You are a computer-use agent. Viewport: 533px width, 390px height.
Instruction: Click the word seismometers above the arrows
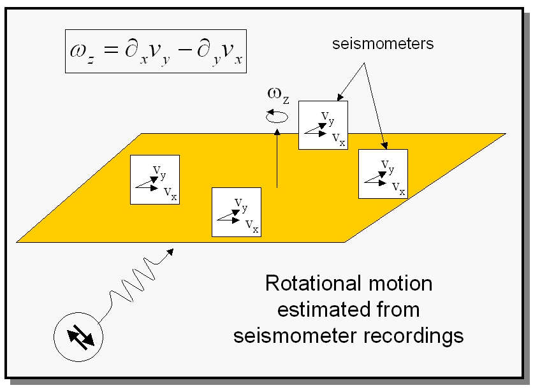[383, 44]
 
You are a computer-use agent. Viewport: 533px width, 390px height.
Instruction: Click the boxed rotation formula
[156, 51]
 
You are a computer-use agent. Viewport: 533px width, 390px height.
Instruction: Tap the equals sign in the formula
[111, 50]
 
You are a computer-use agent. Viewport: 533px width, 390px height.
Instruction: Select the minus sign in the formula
[185, 50]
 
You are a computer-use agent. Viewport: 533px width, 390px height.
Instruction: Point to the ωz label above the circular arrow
[278, 94]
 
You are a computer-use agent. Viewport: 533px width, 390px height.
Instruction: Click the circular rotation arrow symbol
[277, 116]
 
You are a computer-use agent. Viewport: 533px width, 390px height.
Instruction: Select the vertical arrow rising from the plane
[277, 158]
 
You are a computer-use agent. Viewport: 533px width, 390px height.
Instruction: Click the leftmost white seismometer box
[155, 180]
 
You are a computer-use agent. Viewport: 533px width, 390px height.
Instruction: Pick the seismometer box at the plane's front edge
[237, 212]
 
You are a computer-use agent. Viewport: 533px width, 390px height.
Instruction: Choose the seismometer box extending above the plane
[323, 125]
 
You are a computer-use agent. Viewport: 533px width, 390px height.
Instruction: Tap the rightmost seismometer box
[383, 174]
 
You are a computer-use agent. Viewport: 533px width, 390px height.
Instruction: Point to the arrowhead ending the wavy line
[170, 252]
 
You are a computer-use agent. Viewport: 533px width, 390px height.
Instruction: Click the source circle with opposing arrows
[78, 337]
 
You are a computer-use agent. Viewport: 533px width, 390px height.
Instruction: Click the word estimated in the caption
[324, 310]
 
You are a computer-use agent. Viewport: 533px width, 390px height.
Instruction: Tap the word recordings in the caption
[414, 336]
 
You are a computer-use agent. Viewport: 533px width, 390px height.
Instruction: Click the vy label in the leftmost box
[159, 171]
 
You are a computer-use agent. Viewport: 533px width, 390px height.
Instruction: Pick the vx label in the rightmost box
[398, 188]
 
